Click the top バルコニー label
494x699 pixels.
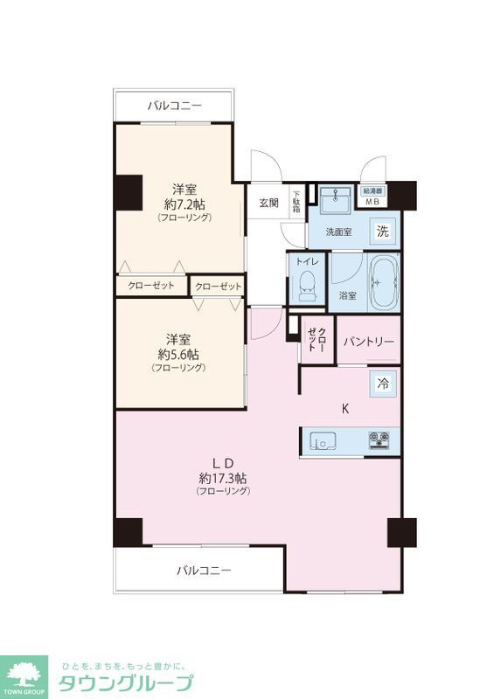point(174,106)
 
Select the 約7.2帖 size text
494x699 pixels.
point(184,204)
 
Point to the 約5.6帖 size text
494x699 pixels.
point(178,355)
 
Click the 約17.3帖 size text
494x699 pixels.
point(223,478)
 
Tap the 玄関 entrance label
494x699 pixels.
point(268,203)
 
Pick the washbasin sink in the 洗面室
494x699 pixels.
point(333,202)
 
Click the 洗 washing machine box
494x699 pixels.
point(382,232)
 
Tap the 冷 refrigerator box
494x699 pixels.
point(383,382)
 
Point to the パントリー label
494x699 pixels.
point(368,342)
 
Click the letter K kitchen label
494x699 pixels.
point(345,408)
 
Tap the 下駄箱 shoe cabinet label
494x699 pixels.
point(296,203)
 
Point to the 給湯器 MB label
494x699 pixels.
point(373,197)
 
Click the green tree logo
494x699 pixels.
point(25,674)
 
